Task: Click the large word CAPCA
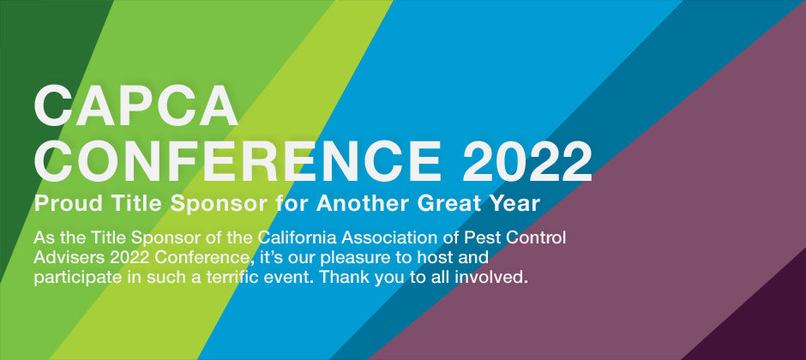click(x=136, y=105)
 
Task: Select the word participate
click(x=75, y=279)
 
